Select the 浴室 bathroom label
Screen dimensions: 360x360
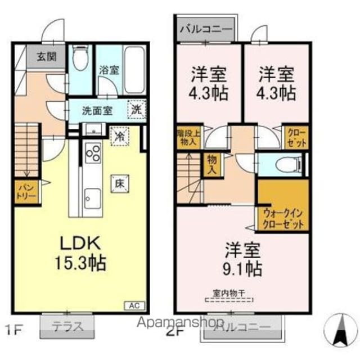(109, 70)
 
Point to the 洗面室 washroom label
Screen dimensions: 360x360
(94, 110)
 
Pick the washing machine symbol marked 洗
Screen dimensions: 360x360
(136, 110)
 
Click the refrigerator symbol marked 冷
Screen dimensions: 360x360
(119, 136)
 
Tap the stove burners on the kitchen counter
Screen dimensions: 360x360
(92, 153)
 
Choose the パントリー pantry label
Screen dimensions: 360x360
(26, 191)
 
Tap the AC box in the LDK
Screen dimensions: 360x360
(134, 306)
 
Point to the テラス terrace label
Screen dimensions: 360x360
(68, 326)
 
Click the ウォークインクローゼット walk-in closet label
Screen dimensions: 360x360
(283, 217)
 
